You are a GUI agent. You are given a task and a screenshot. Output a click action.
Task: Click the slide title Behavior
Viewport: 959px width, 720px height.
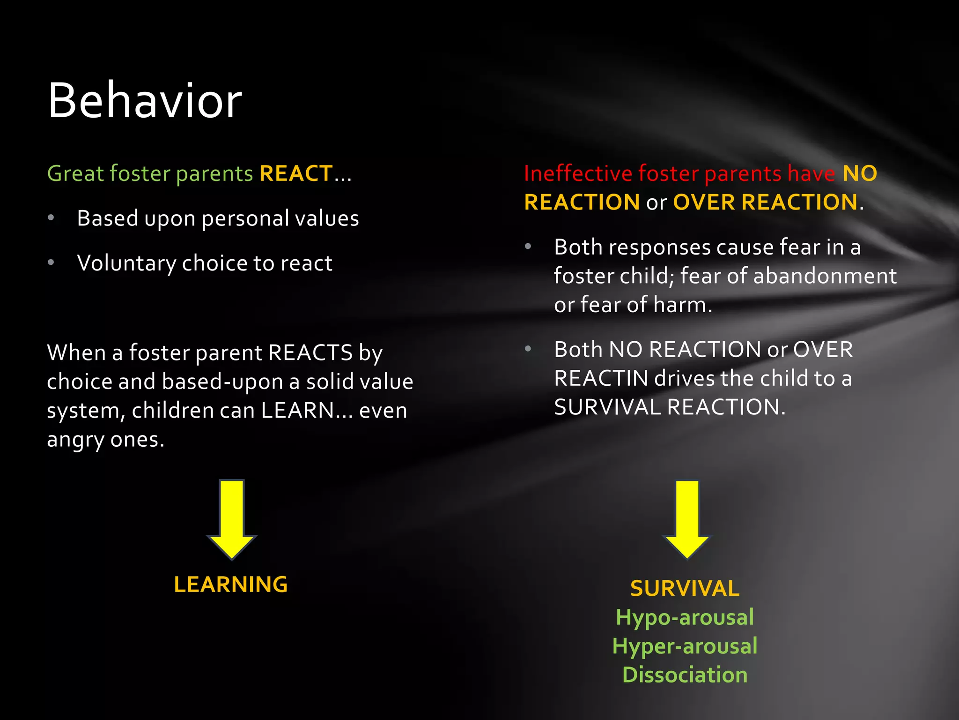tap(145, 101)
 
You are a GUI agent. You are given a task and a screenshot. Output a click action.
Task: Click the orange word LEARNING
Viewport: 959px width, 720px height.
tap(231, 585)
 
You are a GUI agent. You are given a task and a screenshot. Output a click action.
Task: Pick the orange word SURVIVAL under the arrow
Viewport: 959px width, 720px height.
tap(685, 588)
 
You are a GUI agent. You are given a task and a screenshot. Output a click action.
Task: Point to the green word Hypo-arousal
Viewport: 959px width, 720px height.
tap(685, 617)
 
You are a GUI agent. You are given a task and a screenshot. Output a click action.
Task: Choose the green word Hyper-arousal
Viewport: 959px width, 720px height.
tap(685, 646)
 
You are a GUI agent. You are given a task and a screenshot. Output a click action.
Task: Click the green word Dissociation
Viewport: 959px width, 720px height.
tap(685, 675)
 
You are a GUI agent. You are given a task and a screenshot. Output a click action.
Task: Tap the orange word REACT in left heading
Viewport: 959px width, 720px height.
tap(296, 173)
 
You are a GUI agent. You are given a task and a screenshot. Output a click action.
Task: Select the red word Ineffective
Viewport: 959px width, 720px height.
tap(578, 173)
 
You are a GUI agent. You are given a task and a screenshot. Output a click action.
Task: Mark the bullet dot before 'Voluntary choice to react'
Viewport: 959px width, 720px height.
tap(51, 262)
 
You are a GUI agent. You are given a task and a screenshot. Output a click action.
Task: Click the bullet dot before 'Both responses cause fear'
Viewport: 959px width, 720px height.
tap(528, 247)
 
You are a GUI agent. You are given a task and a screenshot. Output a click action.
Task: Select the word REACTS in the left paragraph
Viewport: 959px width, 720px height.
tap(310, 352)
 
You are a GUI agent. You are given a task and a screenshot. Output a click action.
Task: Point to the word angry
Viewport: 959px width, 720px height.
tap(75, 440)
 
